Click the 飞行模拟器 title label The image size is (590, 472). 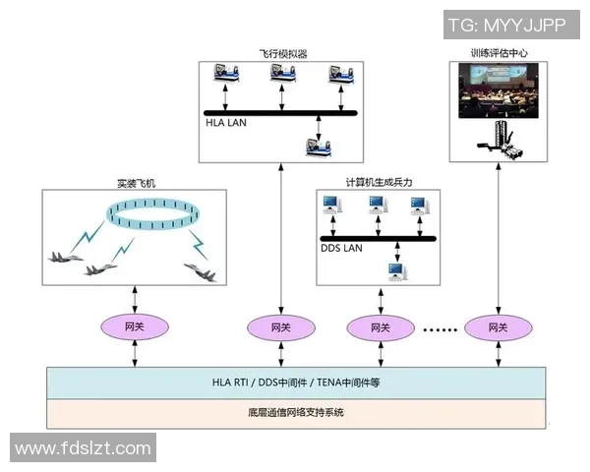282,54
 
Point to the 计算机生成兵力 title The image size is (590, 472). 380,183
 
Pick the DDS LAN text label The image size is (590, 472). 342,248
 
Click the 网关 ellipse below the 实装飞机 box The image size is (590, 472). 135,325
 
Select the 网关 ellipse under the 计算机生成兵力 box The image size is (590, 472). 380,325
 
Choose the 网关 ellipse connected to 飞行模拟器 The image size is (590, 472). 280,325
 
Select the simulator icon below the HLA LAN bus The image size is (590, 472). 319,146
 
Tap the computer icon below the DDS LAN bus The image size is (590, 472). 396,269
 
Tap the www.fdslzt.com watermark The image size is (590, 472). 84,448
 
